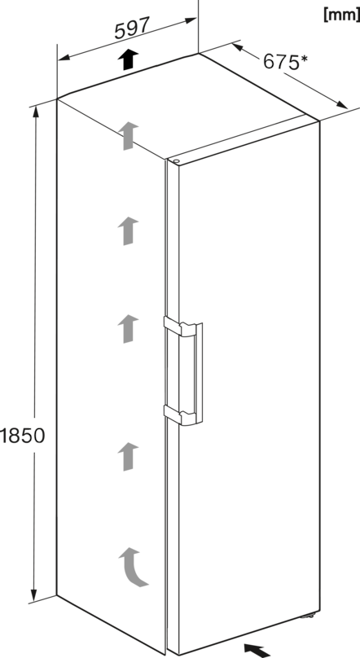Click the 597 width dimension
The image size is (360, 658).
pyautogui.click(x=132, y=29)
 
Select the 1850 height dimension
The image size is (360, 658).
pyautogui.click(x=22, y=436)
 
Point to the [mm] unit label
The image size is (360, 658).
pyautogui.click(x=341, y=15)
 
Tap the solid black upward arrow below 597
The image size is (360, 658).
pyautogui.click(x=128, y=59)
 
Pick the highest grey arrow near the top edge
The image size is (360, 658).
pyautogui.click(x=128, y=135)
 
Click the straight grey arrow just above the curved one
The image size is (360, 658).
pyautogui.click(x=128, y=457)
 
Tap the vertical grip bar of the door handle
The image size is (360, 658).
pyautogui.click(x=198, y=374)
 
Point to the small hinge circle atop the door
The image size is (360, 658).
pyautogui.click(x=175, y=160)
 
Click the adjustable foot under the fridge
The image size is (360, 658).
pyautogui.click(x=310, y=616)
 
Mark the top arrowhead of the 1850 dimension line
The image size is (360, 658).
pyautogui.click(x=36, y=112)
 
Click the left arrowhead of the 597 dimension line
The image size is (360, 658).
pyautogui.click(x=64, y=58)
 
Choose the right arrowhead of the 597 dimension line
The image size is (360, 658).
pyautogui.click(x=191, y=20)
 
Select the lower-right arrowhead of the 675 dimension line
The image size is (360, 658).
pyautogui.click(x=341, y=105)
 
